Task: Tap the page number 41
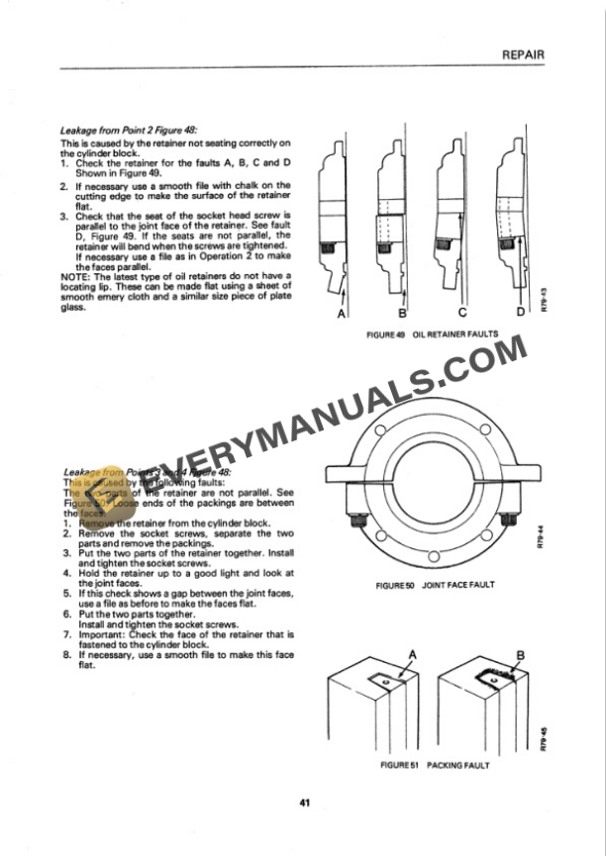(303, 802)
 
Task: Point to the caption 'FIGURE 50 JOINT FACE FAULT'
(435, 585)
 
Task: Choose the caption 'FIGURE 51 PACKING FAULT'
(434, 765)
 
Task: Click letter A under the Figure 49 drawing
(342, 314)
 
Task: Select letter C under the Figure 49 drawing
(460, 314)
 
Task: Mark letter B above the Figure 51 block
(520, 654)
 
